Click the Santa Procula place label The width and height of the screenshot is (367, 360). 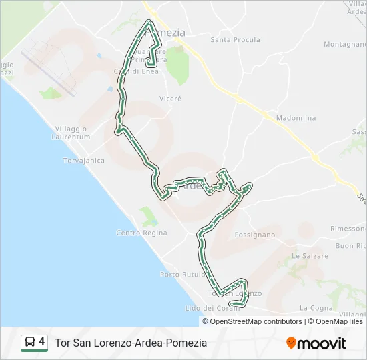(235, 40)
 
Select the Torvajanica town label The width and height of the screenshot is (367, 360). (83, 161)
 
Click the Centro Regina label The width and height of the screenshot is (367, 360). (141, 233)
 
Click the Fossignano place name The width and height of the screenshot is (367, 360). (255, 235)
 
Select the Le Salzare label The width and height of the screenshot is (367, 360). (310, 256)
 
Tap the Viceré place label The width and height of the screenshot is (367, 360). (170, 98)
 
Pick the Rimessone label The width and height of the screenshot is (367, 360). (348, 228)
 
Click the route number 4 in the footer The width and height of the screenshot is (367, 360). (42, 343)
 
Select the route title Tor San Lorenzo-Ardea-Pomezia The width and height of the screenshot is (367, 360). (131, 343)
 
